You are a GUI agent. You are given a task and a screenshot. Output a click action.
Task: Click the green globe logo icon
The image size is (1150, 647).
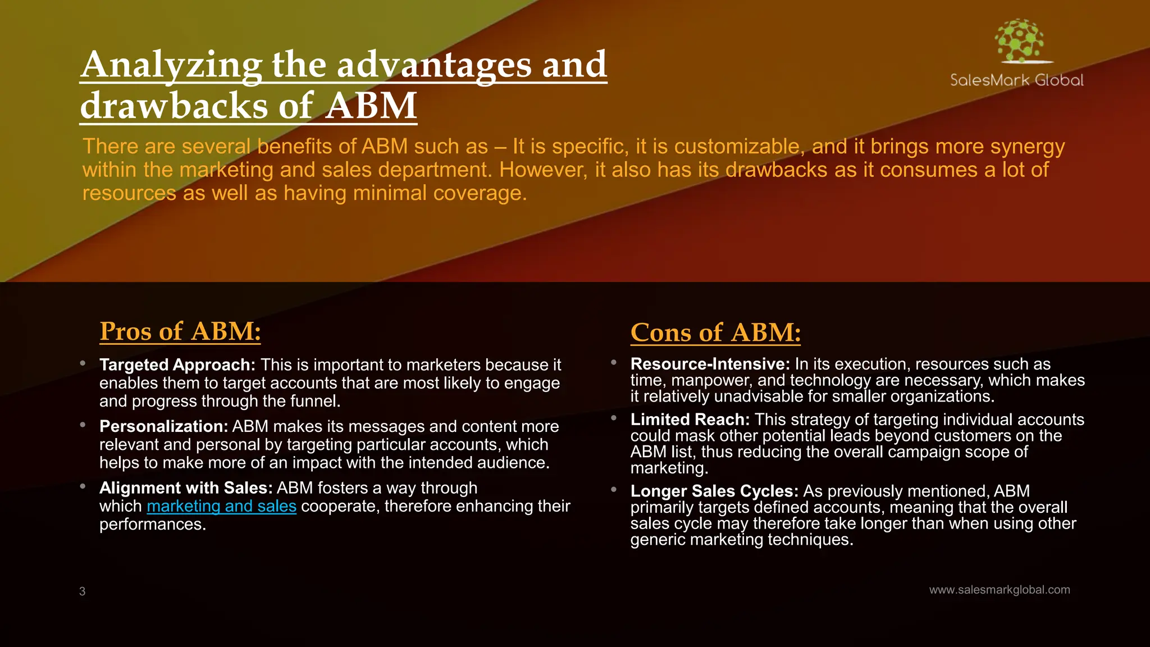(1020, 41)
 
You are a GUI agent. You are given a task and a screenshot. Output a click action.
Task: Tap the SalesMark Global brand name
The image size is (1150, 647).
(1016, 80)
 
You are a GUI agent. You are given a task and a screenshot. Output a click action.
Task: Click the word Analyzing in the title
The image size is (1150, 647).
(171, 65)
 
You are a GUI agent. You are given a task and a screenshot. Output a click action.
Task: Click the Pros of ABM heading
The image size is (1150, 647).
(180, 331)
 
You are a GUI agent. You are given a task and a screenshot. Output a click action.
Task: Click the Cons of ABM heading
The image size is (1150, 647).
(715, 332)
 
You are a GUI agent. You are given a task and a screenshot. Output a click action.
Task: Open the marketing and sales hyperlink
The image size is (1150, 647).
(221, 506)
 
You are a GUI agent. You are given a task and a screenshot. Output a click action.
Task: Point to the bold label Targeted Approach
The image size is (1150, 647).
(177, 365)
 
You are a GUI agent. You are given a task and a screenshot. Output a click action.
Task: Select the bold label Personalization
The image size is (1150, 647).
(163, 427)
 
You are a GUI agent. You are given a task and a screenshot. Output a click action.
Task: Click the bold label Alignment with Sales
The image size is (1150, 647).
(186, 488)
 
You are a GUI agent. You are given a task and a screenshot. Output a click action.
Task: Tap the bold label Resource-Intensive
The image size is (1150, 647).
(710, 364)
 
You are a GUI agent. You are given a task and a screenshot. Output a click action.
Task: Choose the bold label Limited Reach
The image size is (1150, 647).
(690, 420)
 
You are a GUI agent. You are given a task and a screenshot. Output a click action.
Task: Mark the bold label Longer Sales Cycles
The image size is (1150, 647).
(714, 491)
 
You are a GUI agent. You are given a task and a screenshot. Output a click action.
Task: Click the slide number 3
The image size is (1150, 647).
(83, 591)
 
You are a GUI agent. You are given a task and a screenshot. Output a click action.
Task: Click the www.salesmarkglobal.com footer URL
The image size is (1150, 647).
(1000, 590)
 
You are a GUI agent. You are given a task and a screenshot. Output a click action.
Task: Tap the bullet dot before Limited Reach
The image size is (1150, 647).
(614, 418)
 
